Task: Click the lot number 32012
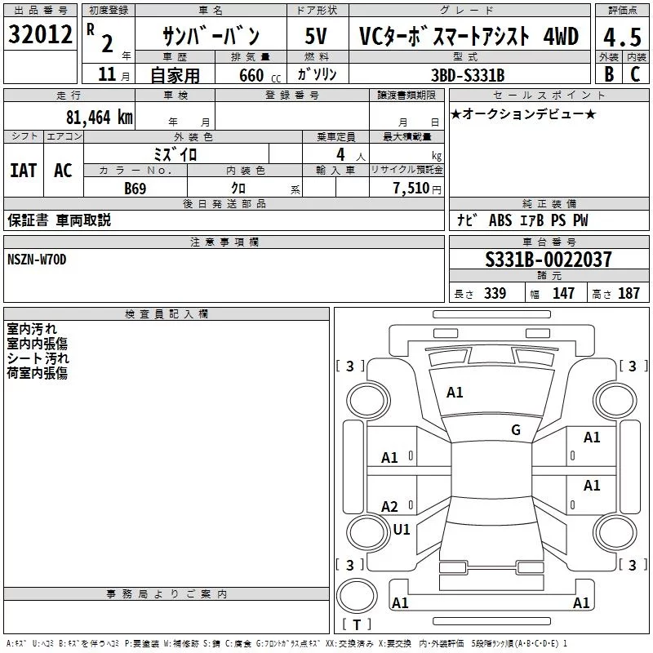(40, 34)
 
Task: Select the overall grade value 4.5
(622, 37)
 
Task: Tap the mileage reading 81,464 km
(100, 117)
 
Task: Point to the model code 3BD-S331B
(468, 75)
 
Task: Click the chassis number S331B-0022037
(549, 260)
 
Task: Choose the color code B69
(135, 189)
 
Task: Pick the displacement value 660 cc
(260, 76)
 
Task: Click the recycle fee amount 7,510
(411, 188)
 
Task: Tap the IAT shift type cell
(24, 171)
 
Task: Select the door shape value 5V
(316, 36)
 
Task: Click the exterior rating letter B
(609, 74)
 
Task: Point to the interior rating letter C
(635, 74)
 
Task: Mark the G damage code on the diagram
(516, 430)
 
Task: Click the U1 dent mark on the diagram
(402, 529)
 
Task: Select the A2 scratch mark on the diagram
(389, 506)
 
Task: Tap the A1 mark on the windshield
(455, 393)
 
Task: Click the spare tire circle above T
(357, 595)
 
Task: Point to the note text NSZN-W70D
(37, 260)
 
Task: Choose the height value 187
(629, 293)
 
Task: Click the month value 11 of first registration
(107, 74)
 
